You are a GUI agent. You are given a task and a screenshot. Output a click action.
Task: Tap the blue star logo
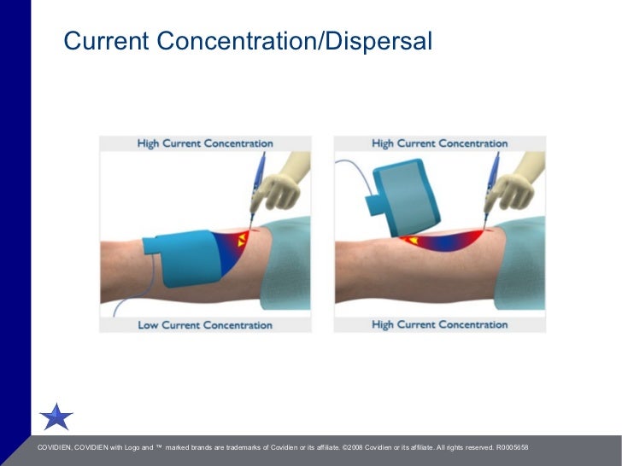[x=56, y=416]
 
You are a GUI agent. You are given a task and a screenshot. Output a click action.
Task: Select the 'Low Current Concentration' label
[x=205, y=325]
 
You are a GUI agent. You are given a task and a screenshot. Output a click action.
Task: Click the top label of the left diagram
[x=205, y=143]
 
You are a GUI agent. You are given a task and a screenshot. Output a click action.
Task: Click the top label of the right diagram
[x=439, y=143]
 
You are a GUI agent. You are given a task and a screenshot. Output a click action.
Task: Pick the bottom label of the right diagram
[x=439, y=325]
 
